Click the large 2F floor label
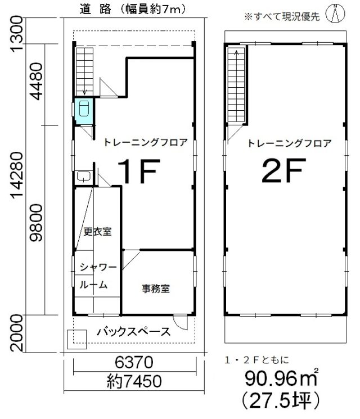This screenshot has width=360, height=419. [283, 170]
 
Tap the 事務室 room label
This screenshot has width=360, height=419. [156, 289]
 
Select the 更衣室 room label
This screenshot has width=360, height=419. [97, 231]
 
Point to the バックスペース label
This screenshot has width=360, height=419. [134, 332]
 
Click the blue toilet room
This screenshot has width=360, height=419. [84, 111]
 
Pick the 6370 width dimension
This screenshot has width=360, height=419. [134, 362]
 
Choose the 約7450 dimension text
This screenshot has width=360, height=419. [134, 381]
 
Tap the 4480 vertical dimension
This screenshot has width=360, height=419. [36, 81]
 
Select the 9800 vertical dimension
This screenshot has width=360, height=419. [36, 223]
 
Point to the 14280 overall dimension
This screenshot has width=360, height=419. [16, 178]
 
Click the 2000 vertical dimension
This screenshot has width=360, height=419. [16, 333]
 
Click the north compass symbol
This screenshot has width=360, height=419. [335, 14]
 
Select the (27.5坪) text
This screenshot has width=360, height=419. [281, 400]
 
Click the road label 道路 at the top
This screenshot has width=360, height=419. [96, 10]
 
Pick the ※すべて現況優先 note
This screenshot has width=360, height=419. [282, 16]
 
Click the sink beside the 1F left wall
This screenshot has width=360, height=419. [84, 177]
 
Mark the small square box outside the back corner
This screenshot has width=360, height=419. [76, 339]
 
